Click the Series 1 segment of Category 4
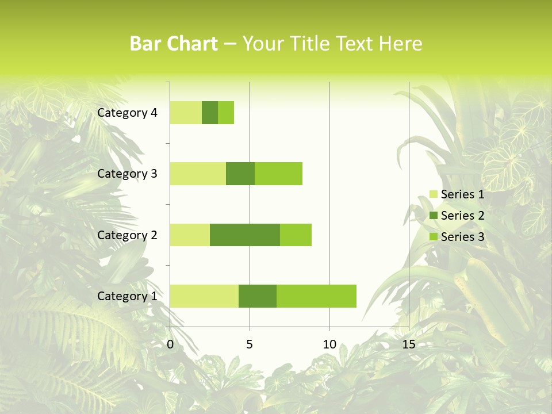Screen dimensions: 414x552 186,113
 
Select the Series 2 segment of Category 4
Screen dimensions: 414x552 210,113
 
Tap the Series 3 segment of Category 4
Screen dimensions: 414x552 226,113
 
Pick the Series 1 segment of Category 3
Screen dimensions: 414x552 198,174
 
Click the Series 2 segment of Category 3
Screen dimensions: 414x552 240,174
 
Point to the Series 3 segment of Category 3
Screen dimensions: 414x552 278,174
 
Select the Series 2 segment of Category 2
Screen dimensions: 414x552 245,235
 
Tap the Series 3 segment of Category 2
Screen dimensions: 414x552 296,235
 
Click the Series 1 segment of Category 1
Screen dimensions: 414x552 204,296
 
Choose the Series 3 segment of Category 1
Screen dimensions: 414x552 316,296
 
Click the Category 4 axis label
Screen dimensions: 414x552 127,113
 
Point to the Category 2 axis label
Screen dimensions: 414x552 127,235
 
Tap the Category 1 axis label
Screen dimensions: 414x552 127,296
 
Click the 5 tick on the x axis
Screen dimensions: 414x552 250,344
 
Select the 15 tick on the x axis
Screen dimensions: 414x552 409,344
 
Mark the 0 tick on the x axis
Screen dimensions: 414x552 170,344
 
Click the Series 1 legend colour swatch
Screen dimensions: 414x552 434,194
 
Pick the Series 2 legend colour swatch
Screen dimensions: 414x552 434,216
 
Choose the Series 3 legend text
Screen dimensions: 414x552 462,237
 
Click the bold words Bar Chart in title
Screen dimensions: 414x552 174,44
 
